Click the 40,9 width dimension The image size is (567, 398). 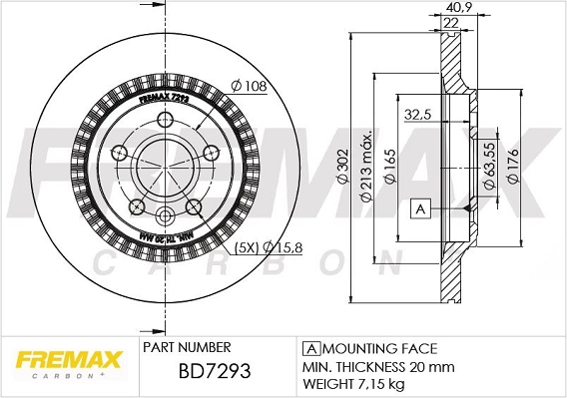(x=451, y=8)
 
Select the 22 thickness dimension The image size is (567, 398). (x=450, y=23)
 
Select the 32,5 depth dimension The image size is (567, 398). (x=415, y=115)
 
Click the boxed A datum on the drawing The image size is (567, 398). (x=420, y=208)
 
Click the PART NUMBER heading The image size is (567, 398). (x=187, y=348)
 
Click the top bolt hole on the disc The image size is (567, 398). (x=164, y=119)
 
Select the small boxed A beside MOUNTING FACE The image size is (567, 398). (x=310, y=348)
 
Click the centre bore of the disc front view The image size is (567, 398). (x=165, y=166)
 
